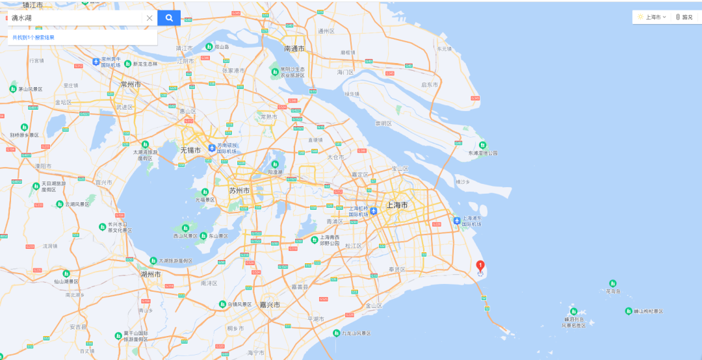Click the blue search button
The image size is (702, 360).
[x=169, y=18]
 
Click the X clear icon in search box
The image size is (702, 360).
[x=149, y=18]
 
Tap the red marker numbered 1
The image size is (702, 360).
[x=480, y=265]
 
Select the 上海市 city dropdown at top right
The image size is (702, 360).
[x=653, y=17]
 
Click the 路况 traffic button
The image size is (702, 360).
[x=684, y=17]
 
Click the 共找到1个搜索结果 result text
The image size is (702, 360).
[x=33, y=38]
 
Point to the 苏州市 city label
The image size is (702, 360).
[x=239, y=190]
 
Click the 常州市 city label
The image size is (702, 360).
[x=131, y=84]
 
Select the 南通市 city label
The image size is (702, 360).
[x=294, y=49]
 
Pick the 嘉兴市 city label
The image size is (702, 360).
[x=269, y=305]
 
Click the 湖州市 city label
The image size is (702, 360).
[x=150, y=274]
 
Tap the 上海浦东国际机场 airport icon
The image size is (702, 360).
[x=458, y=220]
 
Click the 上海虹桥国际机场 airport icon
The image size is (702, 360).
[x=374, y=211]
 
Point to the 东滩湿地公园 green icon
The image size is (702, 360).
[x=482, y=145]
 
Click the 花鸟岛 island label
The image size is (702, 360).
[x=614, y=292]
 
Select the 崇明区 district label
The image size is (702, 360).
[x=383, y=123]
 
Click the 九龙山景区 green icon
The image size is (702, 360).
[x=337, y=333]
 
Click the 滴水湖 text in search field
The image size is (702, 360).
[x=21, y=18]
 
